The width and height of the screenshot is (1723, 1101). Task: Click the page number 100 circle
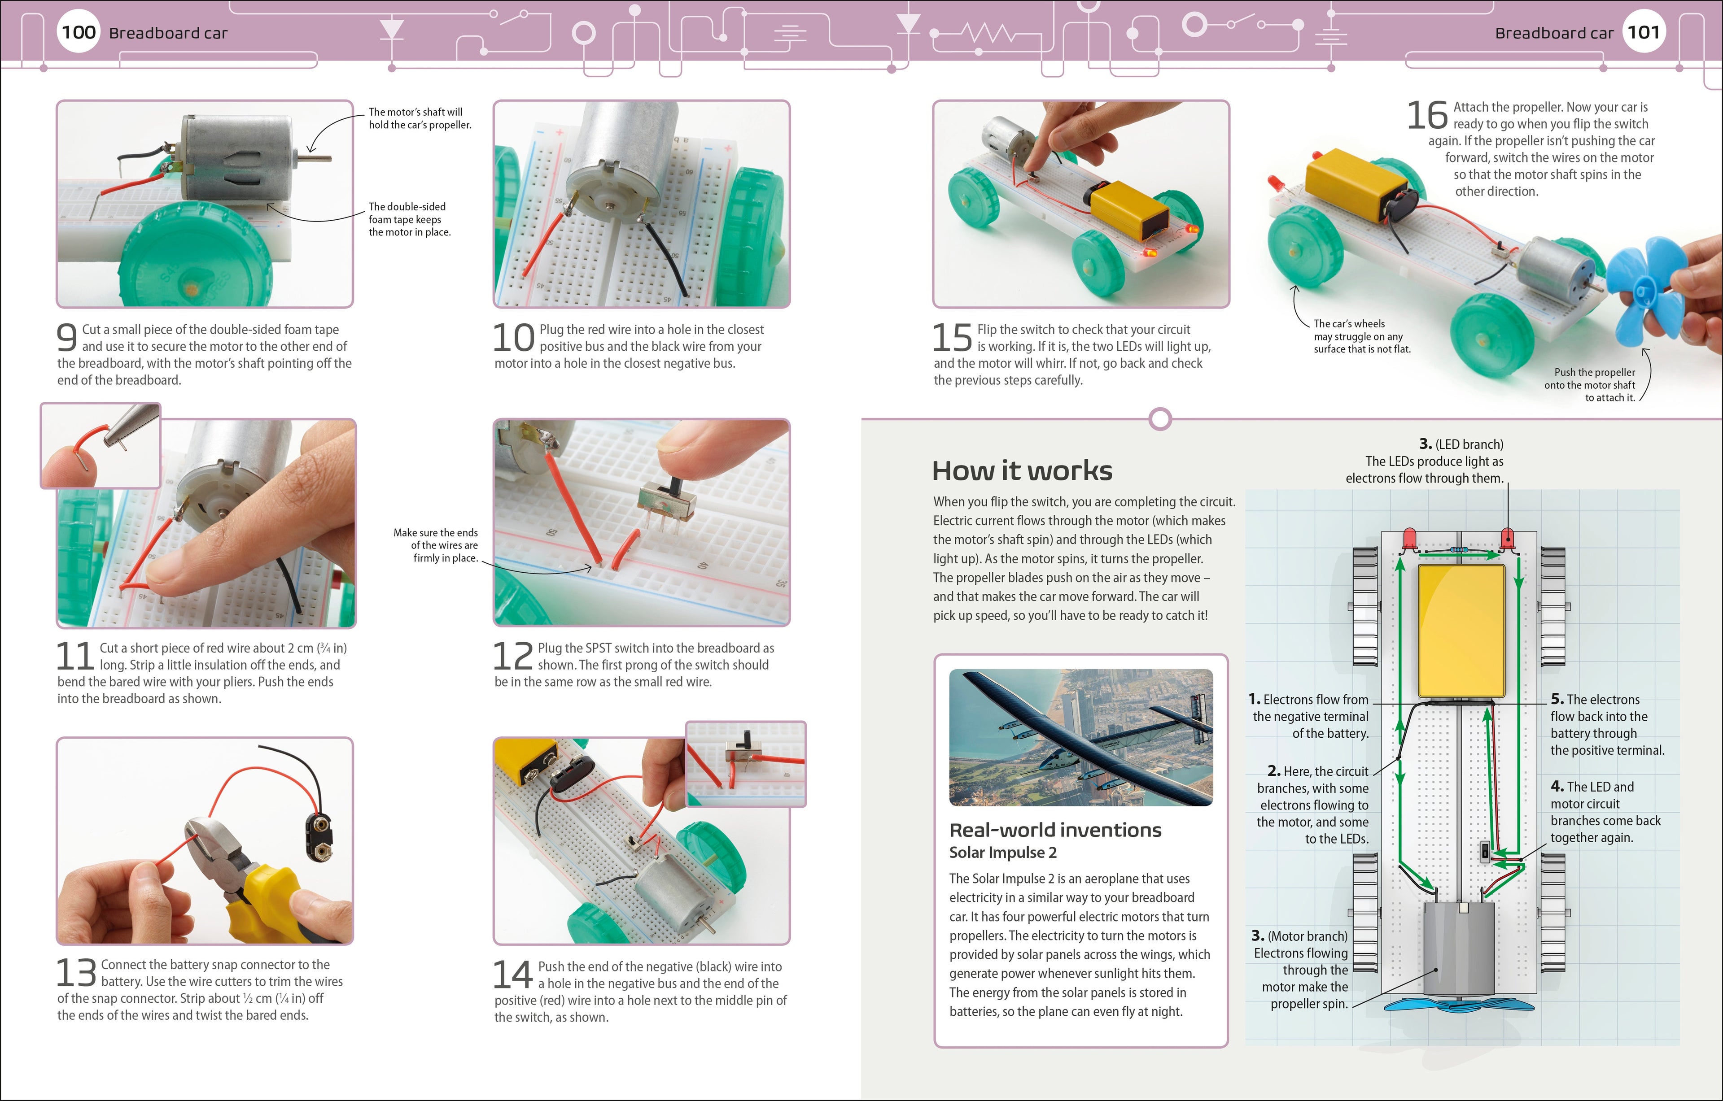79,32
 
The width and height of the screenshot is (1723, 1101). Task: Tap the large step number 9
66,337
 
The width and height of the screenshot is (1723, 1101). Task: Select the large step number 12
513,656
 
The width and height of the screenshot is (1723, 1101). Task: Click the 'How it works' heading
1022,471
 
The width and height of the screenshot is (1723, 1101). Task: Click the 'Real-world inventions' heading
1055,830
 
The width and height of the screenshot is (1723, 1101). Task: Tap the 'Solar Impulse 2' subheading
1002,853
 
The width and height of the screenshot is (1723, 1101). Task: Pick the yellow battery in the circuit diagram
1461,630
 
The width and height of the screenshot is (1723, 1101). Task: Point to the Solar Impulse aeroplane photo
1080,737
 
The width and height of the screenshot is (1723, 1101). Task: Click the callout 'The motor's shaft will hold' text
419,118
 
